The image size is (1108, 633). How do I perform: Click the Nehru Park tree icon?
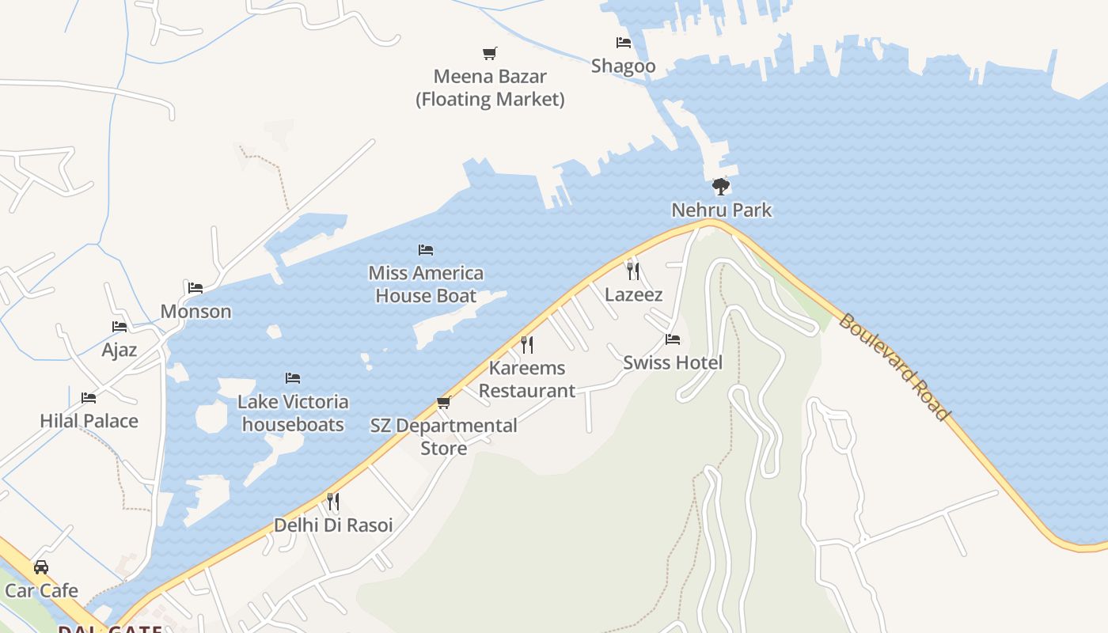tap(720, 187)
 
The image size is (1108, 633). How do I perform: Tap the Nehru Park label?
tap(721, 210)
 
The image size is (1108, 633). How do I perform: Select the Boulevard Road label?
tap(894, 367)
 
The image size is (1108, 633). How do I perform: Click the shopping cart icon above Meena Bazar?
tap(490, 54)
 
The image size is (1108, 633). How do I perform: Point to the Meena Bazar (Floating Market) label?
tap(490, 88)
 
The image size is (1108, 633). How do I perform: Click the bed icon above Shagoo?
tap(624, 43)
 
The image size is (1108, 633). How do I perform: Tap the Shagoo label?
tap(624, 66)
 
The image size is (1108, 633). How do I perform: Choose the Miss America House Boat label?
tap(426, 284)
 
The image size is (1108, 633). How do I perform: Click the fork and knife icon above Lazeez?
tap(633, 271)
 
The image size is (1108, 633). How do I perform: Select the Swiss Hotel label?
tap(673, 362)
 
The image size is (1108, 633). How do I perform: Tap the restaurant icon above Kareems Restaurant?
tap(527, 345)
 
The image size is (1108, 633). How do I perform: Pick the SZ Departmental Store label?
tap(444, 437)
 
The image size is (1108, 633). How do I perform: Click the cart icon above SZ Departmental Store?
tap(444, 403)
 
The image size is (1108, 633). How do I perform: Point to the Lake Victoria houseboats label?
tap(293, 413)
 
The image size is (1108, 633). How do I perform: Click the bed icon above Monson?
tap(195, 288)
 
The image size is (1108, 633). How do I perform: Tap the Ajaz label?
tap(120, 350)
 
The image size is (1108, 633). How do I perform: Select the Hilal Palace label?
tap(89, 421)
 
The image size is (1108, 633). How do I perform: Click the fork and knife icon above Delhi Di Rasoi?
tap(333, 502)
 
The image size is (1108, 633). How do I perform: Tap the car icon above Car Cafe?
tap(41, 567)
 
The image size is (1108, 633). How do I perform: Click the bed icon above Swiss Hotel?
tap(673, 339)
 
